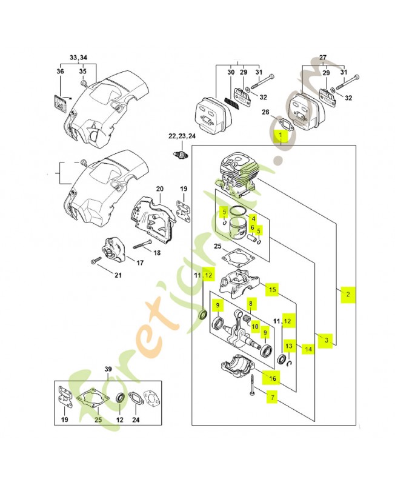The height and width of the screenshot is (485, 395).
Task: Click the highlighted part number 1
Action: [x=281, y=135]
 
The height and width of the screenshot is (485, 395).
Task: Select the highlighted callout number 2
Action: [x=348, y=294]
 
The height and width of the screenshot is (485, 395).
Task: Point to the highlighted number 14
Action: [x=308, y=349]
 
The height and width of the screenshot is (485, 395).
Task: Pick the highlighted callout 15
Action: [x=273, y=290]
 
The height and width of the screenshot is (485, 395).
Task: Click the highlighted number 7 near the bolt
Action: [x=272, y=398]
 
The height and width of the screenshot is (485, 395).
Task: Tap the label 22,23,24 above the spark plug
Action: [x=182, y=136]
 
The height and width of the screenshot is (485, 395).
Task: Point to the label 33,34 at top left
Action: [x=78, y=58]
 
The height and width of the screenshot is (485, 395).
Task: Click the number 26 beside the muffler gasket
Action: [x=265, y=112]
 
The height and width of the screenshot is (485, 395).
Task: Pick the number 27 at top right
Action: [x=322, y=58]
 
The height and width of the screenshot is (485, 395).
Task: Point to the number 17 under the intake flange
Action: [x=139, y=263]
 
